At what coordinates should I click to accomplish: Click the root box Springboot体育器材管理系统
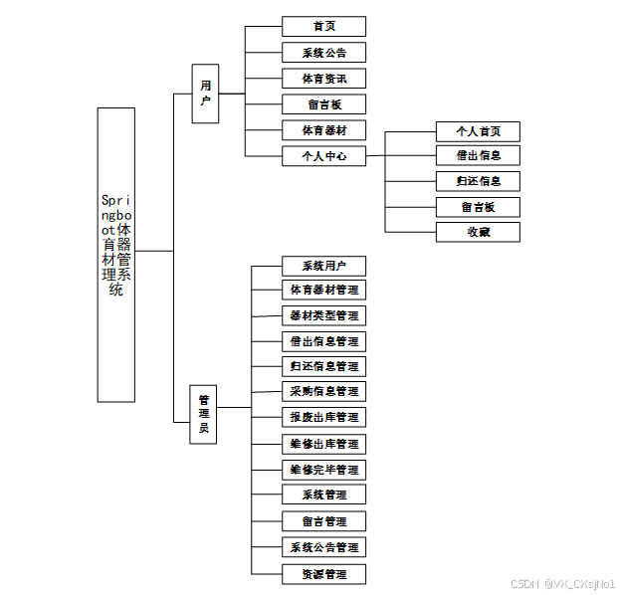tap(116, 254)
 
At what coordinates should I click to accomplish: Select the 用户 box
tap(205, 94)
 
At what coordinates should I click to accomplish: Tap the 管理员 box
tap(204, 413)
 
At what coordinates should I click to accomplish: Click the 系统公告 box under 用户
tap(323, 53)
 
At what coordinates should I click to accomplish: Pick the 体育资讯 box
tap(323, 79)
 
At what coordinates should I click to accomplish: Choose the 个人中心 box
tap(323, 156)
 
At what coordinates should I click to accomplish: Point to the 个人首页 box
tap(478, 131)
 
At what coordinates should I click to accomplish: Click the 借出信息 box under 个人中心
tap(478, 156)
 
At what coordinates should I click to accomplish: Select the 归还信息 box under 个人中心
tap(478, 181)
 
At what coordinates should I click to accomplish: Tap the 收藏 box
tap(478, 232)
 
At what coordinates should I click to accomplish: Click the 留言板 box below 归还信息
tap(478, 207)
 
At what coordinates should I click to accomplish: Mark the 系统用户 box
tap(323, 266)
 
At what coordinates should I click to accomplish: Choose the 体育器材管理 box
tap(323, 291)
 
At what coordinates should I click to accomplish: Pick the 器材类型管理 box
tap(323, 315)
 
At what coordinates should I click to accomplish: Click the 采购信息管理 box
tap(323, 392)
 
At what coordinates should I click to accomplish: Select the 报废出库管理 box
tap(323, 417)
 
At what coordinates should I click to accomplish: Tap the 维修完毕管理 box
tap(323, 470)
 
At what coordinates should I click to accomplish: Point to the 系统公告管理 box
tap(323, 547)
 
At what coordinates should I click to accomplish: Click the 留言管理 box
tap(323, 521)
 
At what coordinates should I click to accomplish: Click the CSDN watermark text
tap(562, 582)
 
